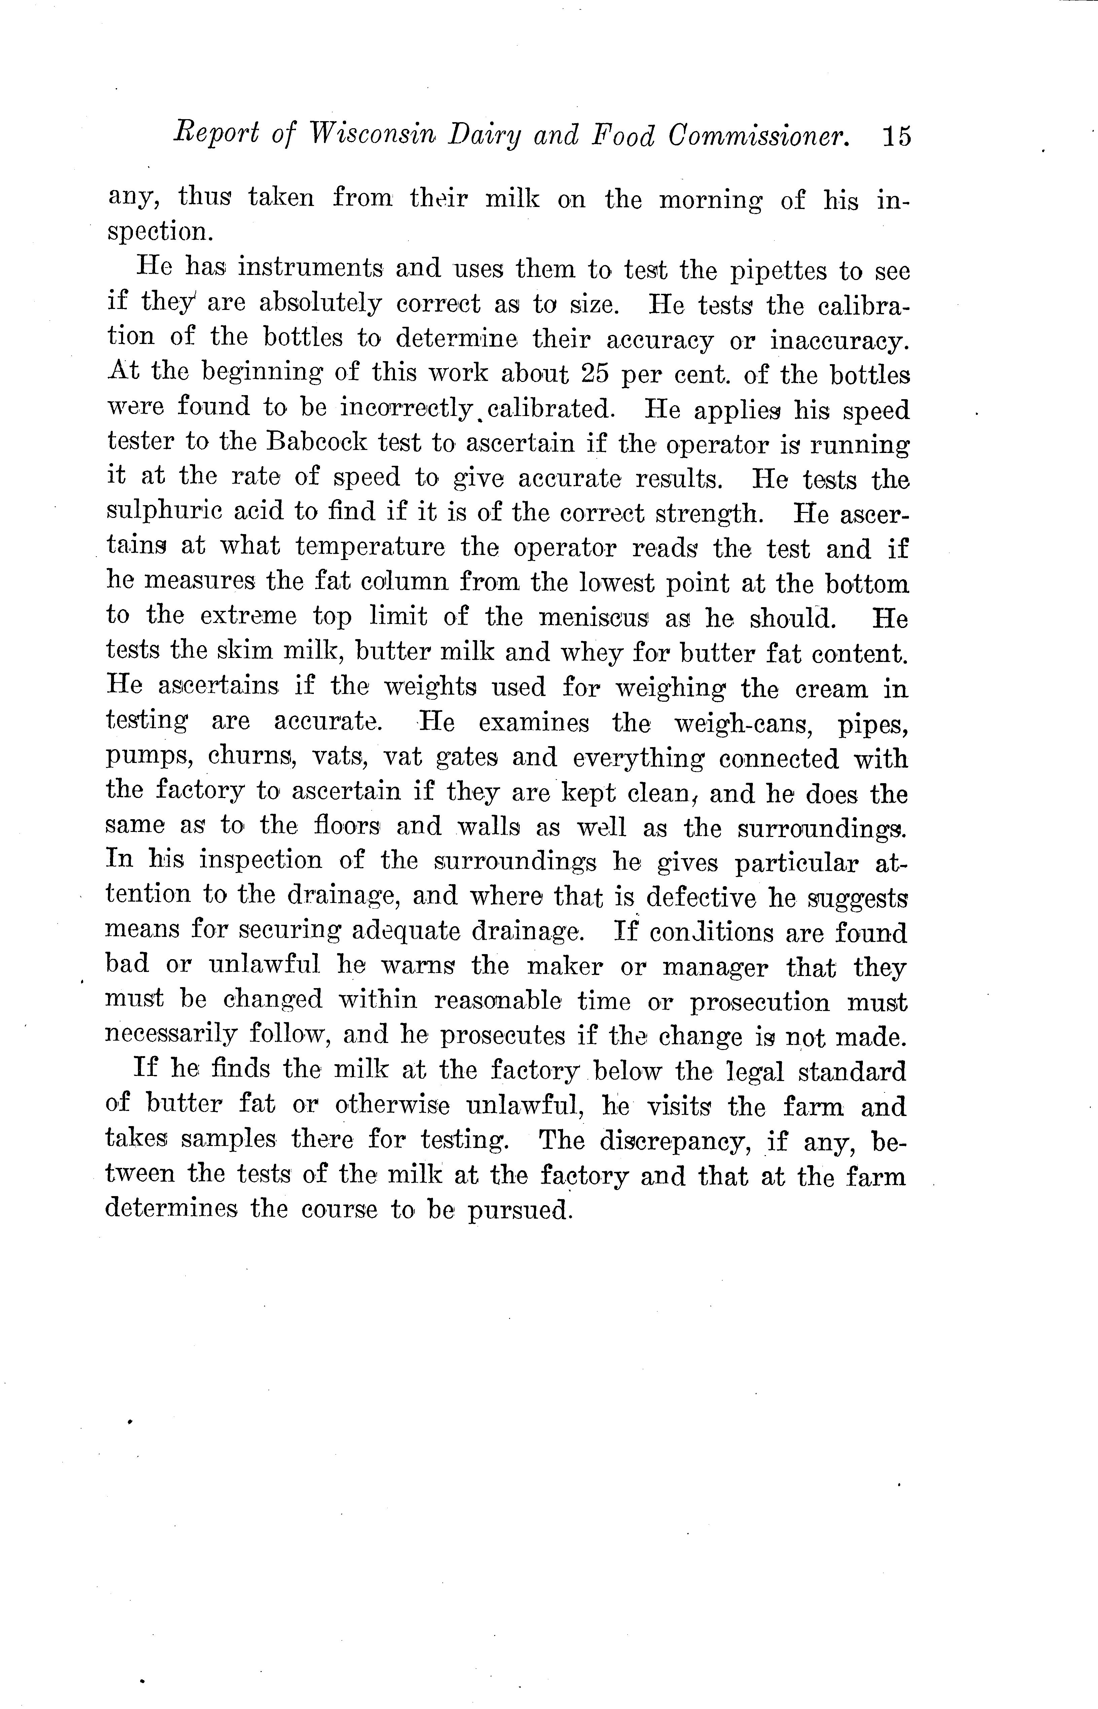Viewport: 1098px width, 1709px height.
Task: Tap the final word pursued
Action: (x=520, y=1211)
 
